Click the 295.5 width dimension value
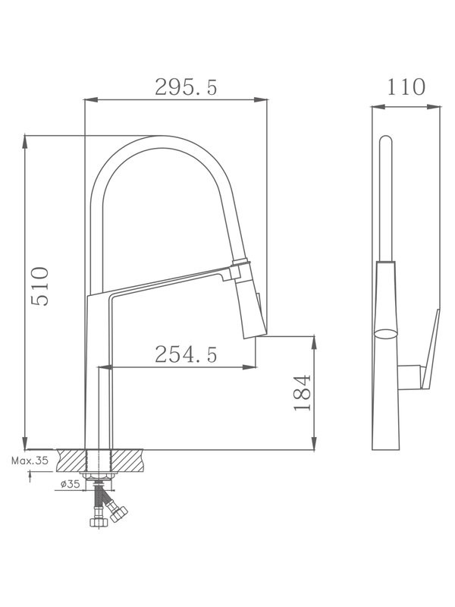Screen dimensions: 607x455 (186, 87)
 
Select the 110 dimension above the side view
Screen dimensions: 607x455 (406, 87)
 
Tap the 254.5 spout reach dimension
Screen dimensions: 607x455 (186, 354)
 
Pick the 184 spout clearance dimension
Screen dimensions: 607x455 (302, 392)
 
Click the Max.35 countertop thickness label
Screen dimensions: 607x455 (30, 460)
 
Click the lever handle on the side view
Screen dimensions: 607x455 (432, 341)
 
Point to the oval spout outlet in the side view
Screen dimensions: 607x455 (386, 332)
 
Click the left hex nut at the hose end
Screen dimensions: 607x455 (97, 523)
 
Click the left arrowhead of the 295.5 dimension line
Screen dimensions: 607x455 (88, 99)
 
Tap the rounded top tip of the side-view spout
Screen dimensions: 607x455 (385, 139)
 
